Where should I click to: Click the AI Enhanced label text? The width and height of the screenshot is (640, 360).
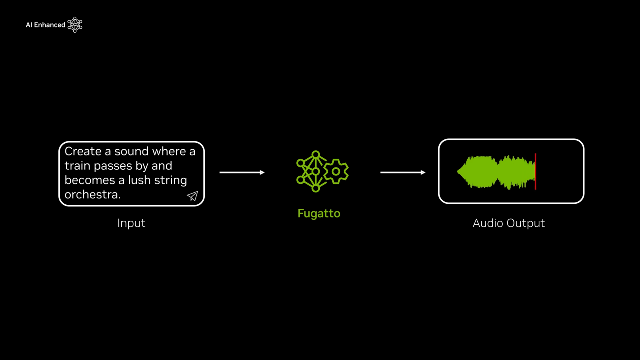click(x=45, y=25)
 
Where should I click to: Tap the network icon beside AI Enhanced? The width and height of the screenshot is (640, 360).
click(x=75, y=25)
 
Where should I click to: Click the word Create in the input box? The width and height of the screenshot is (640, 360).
click(x=83, y=151)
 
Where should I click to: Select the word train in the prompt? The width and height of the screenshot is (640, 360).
click(x=75, y=166)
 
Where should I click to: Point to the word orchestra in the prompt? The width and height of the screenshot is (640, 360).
click(x=92, y=194)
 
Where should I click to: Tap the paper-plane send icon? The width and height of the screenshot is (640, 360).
click(x=192, y=196)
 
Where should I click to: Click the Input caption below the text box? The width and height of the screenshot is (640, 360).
click(x=131, y=223)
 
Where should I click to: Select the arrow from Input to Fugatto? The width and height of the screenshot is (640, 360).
click(x=242, y=172)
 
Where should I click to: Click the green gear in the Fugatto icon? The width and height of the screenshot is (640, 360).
click(x=336, y=171)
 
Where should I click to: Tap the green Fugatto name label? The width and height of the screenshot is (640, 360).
click(x=319, y=213)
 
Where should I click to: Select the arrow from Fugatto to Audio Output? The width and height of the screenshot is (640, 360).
click(x=403, y=172)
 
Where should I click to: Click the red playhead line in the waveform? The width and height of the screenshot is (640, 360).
click(x=535, y=171)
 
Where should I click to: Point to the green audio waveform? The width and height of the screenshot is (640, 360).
click(x=495, y=172)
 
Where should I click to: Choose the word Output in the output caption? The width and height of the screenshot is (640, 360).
click(x=526, y=223)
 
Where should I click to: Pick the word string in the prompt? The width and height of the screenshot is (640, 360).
click(x=171, y=180)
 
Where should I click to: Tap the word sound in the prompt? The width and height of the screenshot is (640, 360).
click(x=132, y=151)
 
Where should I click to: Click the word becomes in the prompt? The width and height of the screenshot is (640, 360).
click(x=88, y=180)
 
